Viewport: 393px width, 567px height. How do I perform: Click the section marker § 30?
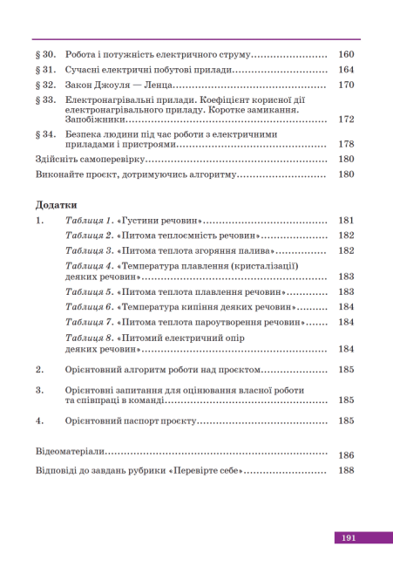click(46, 54)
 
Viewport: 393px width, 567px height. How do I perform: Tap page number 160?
click(346, 54)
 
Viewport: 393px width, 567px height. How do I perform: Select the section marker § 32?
click(46, 85)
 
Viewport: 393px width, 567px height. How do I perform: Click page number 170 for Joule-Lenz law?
click(346, 85)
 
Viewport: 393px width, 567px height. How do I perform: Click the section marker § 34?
click(46, 134)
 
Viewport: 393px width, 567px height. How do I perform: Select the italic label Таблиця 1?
click(90, 221)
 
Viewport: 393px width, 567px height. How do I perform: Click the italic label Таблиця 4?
click(90, 265)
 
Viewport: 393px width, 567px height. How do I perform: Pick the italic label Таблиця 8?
click(90, 338)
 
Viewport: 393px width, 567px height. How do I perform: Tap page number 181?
click(346, 221)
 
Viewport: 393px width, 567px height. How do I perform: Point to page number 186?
click(346, 455)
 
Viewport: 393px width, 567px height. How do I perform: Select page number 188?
click(346, 470)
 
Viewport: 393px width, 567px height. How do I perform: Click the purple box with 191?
click(349, 538)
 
